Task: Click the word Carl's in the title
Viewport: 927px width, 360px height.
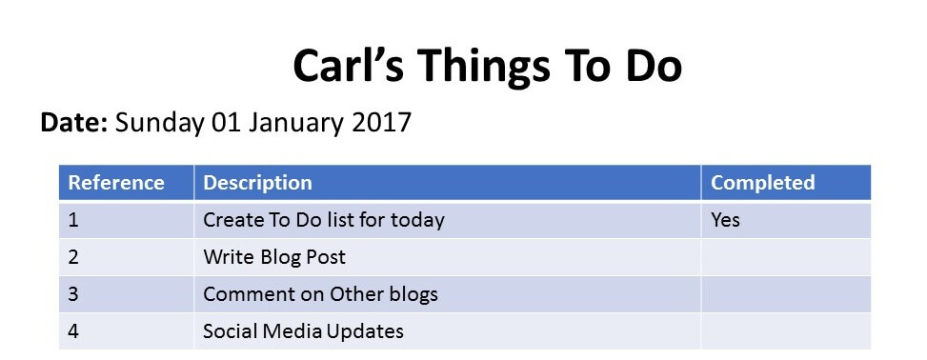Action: click(348, 65)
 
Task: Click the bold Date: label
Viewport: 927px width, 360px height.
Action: click(74, 122)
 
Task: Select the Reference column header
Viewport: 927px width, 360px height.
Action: click(116, 182)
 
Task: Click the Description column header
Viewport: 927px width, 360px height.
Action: click(257, 183)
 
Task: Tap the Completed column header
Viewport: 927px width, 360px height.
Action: click(762, 183)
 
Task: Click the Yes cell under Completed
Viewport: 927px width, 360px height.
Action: click(725, 220)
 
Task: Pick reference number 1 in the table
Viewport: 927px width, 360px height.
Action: click(73, 220)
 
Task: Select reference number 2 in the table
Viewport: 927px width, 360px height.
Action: click(73, 257)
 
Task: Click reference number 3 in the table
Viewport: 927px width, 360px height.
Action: click(73, 293)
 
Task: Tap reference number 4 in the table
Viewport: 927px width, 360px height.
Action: click(73, 330)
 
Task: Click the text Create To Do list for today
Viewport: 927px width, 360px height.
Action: click(324, 221)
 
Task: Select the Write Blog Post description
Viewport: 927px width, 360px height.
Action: click(274, 257)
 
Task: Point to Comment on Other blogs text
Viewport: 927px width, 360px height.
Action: click(320, 294)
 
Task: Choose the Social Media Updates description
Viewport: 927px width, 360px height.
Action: click(303, 331)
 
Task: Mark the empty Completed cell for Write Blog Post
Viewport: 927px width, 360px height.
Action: click(786, 257)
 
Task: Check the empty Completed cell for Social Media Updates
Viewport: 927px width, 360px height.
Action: click(786, 330)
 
